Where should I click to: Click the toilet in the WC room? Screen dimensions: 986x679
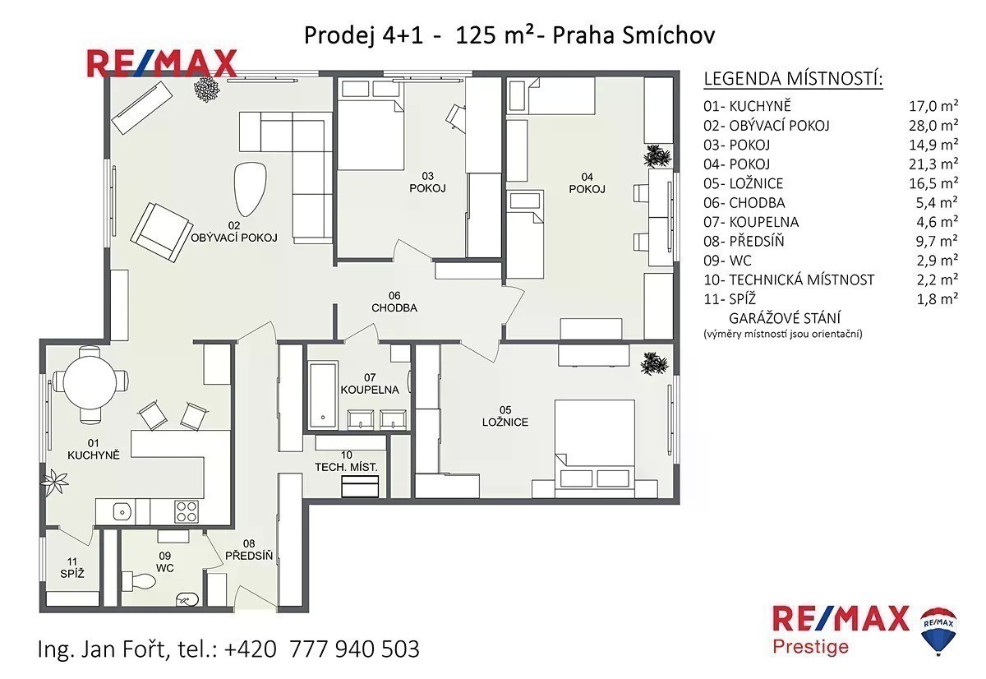pos(138,581)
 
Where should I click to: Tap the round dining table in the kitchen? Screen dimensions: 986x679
pos(90,382)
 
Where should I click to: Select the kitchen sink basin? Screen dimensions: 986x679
pos(122,511)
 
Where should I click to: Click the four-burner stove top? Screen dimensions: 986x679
pos(187,511)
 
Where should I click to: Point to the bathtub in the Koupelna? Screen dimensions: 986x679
pos(324,395)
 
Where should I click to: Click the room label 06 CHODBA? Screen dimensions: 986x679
pos(394,302)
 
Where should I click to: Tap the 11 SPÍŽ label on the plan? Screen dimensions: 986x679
pos(72,567)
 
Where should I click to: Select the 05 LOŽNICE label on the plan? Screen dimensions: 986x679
pos(505,416)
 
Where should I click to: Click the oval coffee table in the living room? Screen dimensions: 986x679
pos(250,189)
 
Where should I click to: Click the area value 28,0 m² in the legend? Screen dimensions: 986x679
pos(933,126)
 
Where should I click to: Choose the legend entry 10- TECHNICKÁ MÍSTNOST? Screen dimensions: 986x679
pos(789,279)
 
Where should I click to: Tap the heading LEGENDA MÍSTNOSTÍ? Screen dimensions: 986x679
pos(793,79)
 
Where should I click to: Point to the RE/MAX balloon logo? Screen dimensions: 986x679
pos(938,630)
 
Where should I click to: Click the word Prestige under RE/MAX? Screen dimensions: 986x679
pos(811,647)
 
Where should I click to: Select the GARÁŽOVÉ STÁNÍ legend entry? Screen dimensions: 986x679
pos(785,318)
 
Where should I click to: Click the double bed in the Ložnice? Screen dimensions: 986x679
pos(594,449)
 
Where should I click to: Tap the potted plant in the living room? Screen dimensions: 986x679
pos(207,89)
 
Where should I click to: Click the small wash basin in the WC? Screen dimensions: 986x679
pos(187,599)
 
